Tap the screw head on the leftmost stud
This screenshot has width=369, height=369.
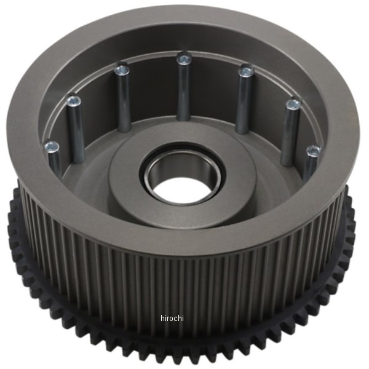click(52, 147)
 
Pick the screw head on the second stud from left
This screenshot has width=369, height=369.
click(74, 99)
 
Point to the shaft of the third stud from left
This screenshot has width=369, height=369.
click(123, 98)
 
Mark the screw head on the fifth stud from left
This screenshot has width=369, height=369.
click(246, 71)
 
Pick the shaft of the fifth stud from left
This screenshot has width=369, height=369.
click(244, 101)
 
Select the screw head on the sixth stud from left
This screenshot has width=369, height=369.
click(293, 105)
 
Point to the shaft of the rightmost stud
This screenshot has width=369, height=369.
click(311, 166)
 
